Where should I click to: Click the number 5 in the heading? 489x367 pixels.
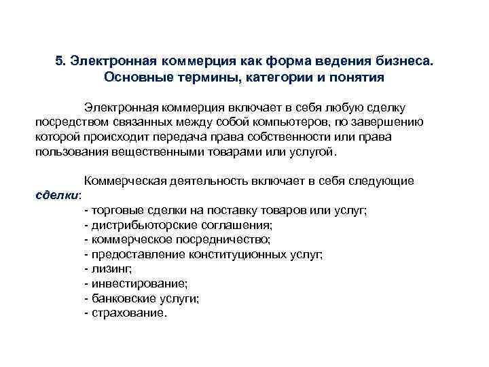tap(59, 60)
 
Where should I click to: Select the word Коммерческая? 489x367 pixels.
tap(127, 181)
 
